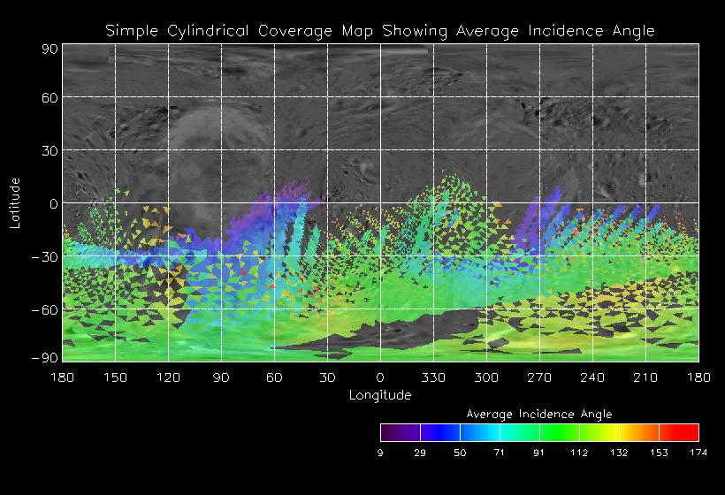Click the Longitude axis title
[380, 395]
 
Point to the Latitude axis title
[15, 202]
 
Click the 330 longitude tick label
[433, 377]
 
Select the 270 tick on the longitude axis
[539, 377]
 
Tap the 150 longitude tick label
[115, 377]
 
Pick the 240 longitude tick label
[592, 377]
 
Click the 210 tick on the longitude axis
[645, 377]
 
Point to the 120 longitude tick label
[168, 377]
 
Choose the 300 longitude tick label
[486, 377]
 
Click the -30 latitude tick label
[46, 256]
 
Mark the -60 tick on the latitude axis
[46, 309]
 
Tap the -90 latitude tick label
[46, 357]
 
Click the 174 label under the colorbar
[698, 453]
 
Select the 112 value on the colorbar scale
[579, 453]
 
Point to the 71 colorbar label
[500, 453]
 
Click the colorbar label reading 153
[659, 453]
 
